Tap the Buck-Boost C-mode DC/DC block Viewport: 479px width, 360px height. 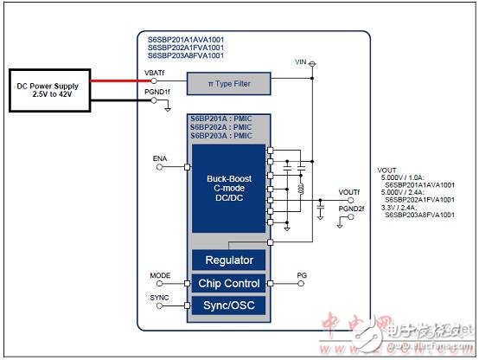click(228, 189)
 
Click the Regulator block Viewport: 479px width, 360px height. click(228, 260)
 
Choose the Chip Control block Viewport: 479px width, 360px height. click(228, 283)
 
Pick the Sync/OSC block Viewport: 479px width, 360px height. click(228, 305)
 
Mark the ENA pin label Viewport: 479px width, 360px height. click(160, 158)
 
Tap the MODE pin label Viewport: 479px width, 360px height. click(159, 275)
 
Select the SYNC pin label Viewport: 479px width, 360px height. click(159, 298)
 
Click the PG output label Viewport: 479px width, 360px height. click(301, 274)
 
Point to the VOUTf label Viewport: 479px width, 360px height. click(350, 192)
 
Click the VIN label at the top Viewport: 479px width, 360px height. click(301, 62)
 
